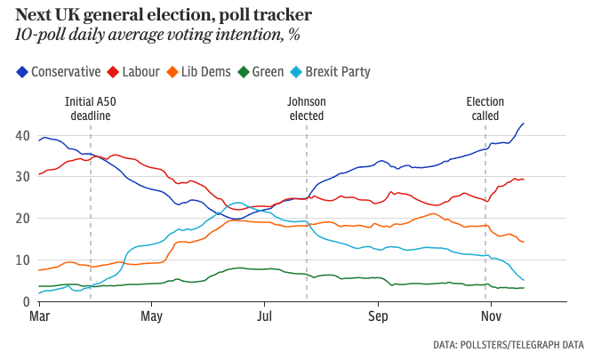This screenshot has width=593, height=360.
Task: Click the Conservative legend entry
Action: click(x=59, y=72)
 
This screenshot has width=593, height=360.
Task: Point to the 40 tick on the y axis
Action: click(x=23, y=135)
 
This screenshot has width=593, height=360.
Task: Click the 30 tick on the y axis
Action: click(x=23, y=177)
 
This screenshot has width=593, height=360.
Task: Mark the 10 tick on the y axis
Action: click(x=23, y=260)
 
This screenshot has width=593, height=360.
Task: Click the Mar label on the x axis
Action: click(x=40, y=316)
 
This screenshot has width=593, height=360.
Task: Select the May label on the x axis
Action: click(x=152, y=316)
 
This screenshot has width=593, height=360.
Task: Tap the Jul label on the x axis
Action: click(x=264, y=316)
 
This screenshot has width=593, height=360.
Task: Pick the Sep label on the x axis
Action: click(x=379, y=316)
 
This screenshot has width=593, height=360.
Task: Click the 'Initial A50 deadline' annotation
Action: click(x=91, y=108)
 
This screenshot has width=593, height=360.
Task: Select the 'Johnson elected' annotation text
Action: click(x=306, y=108)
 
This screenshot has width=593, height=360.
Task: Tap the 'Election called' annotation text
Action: click(x=485, y=108)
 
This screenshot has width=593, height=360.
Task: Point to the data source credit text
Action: click(x=509, y=344)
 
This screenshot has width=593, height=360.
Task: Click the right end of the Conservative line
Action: click(x=524, y=124)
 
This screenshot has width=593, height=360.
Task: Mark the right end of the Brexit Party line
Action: click(x=524, y=281)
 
